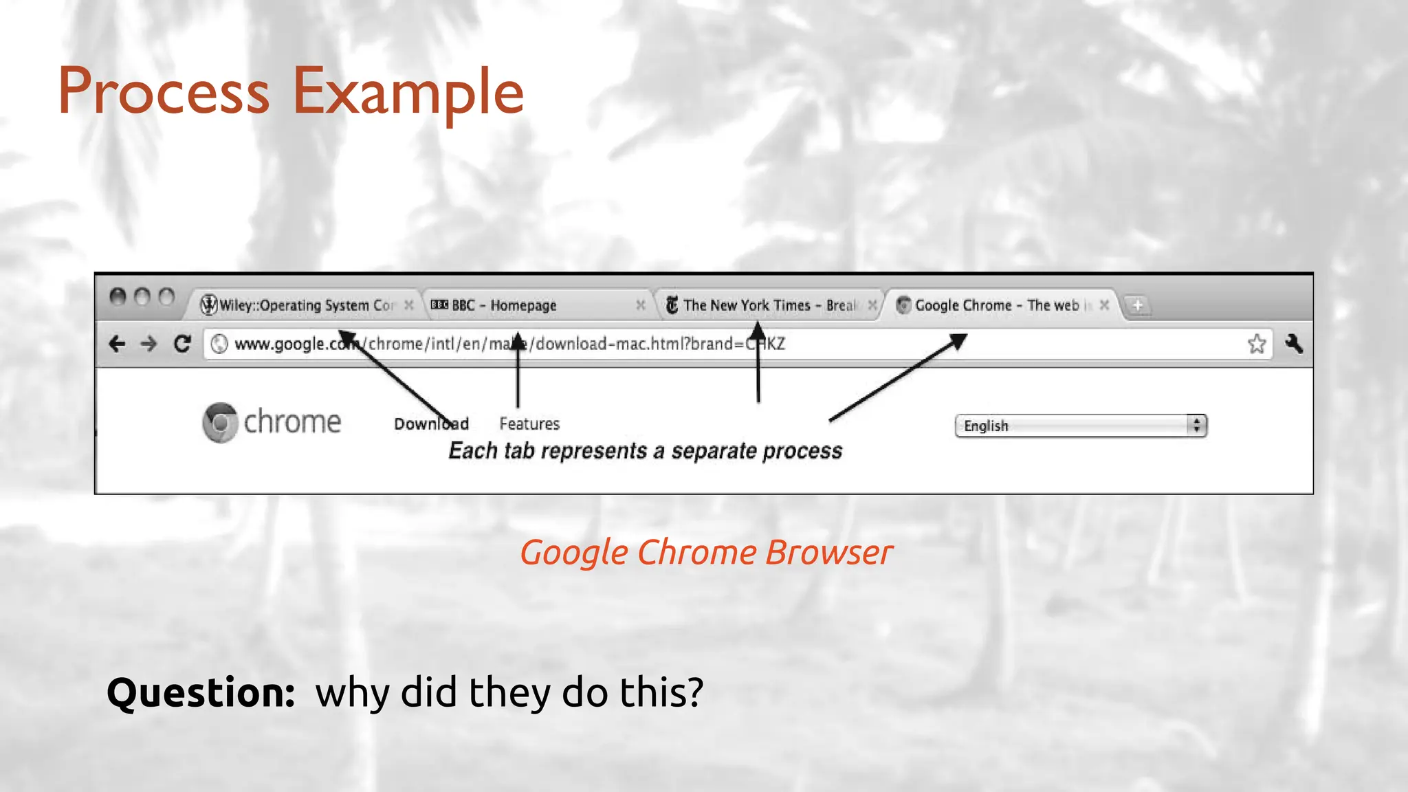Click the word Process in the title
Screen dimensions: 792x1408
click(164, 92)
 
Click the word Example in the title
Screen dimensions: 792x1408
click(408, 92)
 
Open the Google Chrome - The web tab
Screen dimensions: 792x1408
click(996, 305)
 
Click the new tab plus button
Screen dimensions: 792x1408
click(1138, 305)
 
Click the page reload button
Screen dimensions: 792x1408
click(182, 344)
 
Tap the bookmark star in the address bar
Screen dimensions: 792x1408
click(1256, 344)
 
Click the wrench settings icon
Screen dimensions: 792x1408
click(1294, 344)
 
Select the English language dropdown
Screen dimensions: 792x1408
click(1080, 426)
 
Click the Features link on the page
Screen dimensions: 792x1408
click(529, 423)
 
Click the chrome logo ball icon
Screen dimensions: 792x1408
click(220, 422)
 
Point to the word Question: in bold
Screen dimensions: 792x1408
click(201, 692)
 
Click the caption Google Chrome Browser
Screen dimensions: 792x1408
click(706, 553)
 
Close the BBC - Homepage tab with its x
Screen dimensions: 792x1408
click(640, 305)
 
